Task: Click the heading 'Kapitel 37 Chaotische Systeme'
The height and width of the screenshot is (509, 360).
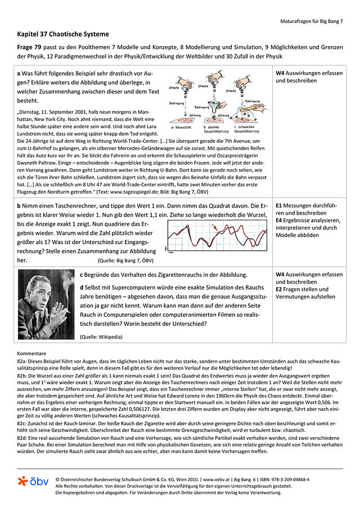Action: [63, 34]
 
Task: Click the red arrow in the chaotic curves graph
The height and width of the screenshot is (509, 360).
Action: [215, 227]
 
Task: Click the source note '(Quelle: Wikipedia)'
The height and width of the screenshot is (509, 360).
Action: [101, 337]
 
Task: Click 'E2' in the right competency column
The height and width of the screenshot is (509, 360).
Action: [280, 289]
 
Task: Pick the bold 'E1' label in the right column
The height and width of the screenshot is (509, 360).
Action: [280, 206]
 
